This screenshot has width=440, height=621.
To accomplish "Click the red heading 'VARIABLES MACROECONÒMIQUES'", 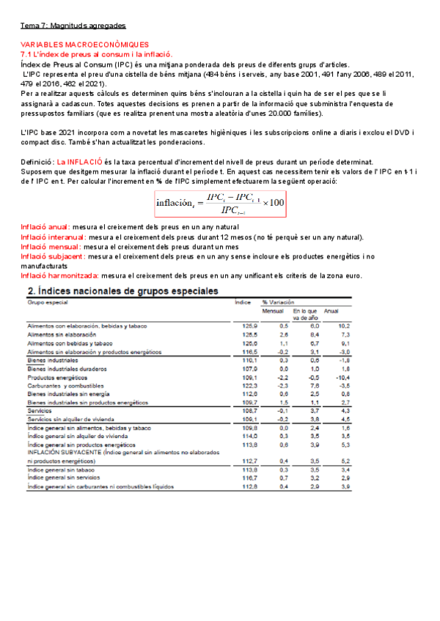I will pos(84,45).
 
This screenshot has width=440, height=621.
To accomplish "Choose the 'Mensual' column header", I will pos(272,310).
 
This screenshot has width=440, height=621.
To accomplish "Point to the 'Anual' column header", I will pos(331,310).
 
